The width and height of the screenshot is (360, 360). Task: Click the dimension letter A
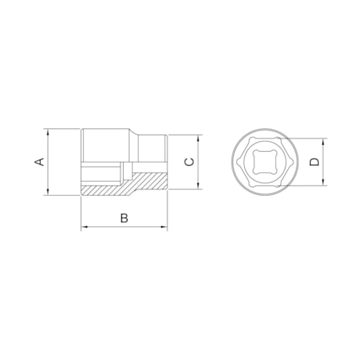(39, 162)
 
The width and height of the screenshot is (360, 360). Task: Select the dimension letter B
(124, 218)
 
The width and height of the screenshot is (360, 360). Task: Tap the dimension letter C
(189, 162)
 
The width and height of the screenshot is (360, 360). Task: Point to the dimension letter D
(315, 162)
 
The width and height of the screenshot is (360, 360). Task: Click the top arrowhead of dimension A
(48, 132)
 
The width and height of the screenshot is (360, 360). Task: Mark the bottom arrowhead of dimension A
(48, 192)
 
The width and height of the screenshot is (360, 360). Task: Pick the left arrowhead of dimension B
(85, 227)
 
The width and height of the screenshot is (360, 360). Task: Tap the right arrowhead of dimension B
(164, 227)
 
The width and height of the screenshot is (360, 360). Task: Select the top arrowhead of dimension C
(198, 139)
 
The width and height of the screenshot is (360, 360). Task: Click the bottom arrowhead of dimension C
(198, 185)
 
